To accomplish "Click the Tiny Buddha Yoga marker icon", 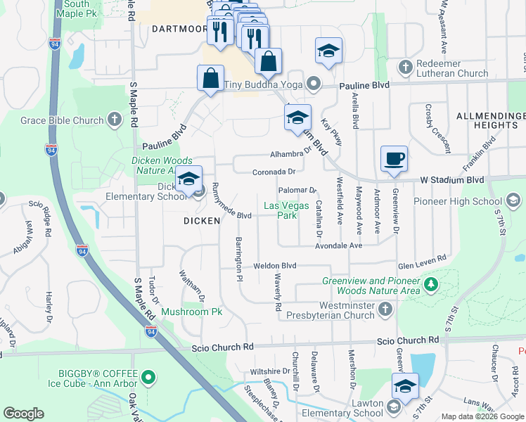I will pos(314,85).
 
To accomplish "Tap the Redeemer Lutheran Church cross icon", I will pos(405,68).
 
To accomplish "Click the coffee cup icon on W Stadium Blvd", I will pos(394,158).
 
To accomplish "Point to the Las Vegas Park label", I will pos(280,210).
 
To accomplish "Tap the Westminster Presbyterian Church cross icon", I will pos(385,309).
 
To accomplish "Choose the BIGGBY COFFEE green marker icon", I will pos(148,378).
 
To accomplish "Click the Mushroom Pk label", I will pos(191,312).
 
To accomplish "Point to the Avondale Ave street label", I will pos(339,245).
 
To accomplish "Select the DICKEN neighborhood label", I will pos(203,220).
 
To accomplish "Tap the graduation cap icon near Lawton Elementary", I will pos(405,385).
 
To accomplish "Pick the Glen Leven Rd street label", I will pos(422,258).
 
